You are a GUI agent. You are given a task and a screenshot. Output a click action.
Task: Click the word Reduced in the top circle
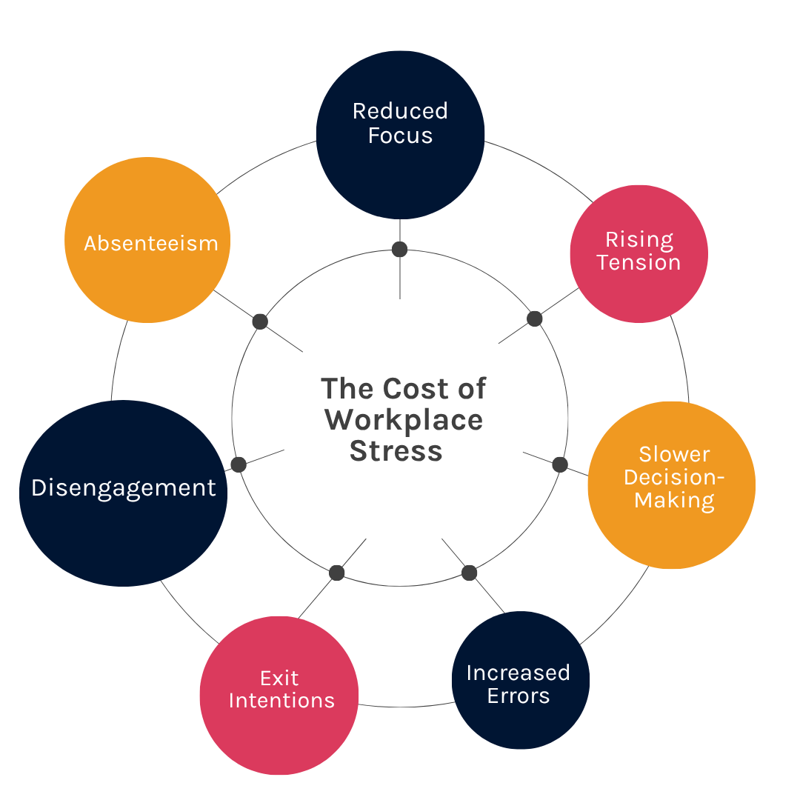point(400,111)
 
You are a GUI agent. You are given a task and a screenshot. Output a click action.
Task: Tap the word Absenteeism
point(151,244)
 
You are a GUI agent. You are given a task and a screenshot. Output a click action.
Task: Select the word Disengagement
point(124,488)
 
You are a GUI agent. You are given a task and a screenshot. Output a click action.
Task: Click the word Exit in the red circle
point(279,678)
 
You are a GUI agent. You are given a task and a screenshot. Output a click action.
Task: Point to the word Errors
point(519,696)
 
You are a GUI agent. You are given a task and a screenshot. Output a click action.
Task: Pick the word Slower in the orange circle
point(674,454)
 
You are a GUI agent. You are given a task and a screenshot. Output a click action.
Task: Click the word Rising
point(639,240)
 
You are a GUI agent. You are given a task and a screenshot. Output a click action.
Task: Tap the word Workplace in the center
point(404,420)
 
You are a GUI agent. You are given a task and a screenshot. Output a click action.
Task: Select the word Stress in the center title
point(396,451)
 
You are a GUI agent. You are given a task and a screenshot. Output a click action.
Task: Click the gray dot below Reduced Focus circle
point(400,250)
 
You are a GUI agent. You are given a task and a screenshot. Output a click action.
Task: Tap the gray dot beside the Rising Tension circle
point(535,319)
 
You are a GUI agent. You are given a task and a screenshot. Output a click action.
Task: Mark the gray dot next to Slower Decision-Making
point(560,464)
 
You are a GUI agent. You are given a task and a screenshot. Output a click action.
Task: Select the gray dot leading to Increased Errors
point(470,573)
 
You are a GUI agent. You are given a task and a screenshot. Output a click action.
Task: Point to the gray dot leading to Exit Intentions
point(337,573)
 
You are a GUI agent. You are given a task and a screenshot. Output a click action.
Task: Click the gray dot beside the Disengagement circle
point(239,464)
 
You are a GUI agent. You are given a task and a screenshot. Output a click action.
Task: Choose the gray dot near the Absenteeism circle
point(260,321)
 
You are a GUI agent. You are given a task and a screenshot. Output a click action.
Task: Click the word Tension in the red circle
point(639,263)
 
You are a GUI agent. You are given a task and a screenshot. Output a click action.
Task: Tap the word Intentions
point(281,701)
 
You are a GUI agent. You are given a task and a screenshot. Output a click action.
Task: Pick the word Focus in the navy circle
point(400,136)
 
